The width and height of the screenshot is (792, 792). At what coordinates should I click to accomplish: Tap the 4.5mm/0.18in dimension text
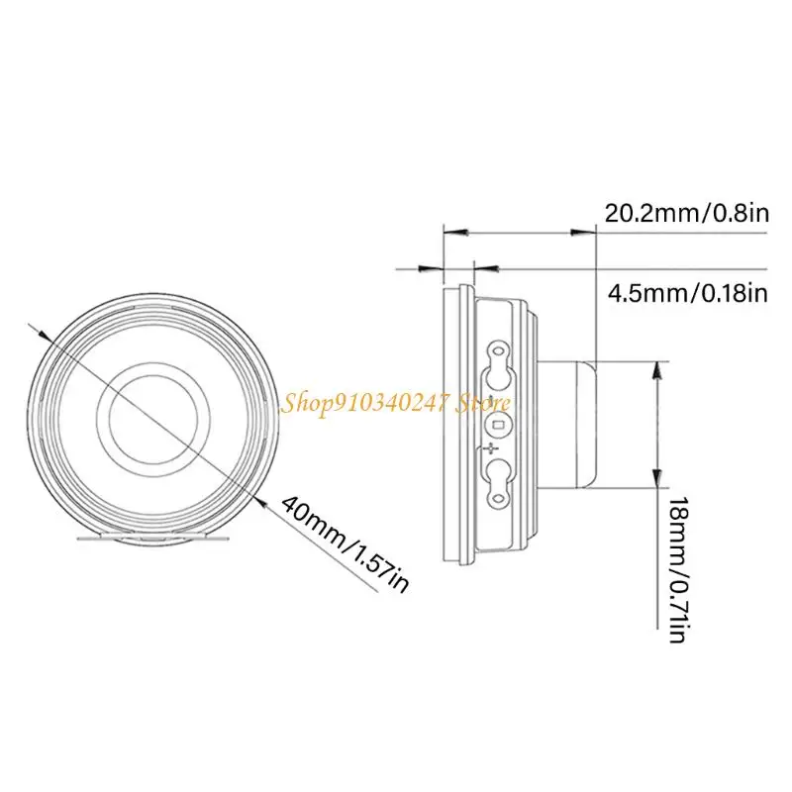click(x=687, y=292)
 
